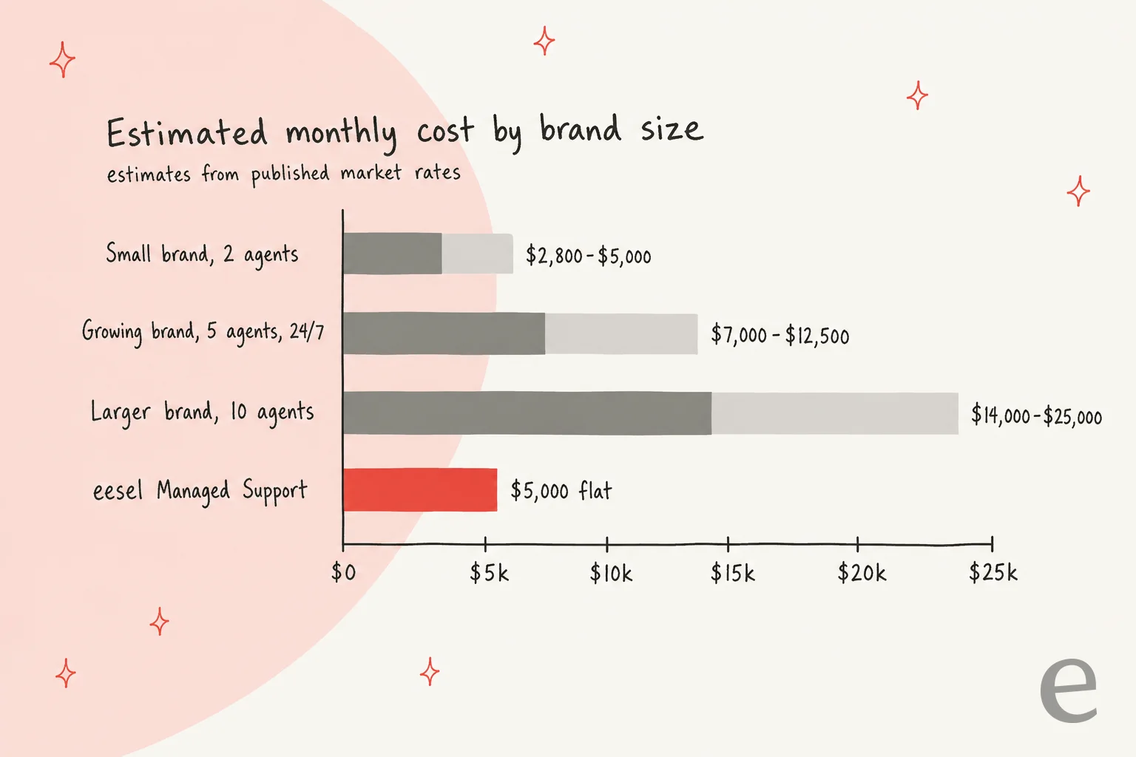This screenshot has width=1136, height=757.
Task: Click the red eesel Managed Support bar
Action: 420,490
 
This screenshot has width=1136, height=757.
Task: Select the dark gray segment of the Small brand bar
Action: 393,254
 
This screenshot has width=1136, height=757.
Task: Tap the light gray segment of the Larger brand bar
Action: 835,413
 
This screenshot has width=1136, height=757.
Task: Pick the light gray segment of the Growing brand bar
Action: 621,333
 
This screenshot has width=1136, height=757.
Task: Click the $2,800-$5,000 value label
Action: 588,255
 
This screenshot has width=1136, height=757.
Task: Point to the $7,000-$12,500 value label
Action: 780,335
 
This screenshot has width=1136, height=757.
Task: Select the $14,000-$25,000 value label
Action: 1037,415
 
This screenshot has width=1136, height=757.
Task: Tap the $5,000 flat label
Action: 561,490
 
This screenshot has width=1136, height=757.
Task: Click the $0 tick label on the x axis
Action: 344,572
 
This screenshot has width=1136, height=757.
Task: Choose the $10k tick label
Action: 611,574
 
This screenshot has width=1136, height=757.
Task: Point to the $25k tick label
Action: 993,572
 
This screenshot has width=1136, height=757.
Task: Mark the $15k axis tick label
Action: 733,574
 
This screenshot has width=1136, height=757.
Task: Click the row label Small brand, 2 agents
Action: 202,254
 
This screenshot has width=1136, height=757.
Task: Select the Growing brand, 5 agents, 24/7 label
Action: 203,333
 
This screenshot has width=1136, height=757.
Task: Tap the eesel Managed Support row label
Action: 200,491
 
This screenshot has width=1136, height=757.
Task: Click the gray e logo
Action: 1068,690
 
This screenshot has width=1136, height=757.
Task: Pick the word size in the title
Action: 672,128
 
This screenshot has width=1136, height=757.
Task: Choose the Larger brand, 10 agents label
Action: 203,412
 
